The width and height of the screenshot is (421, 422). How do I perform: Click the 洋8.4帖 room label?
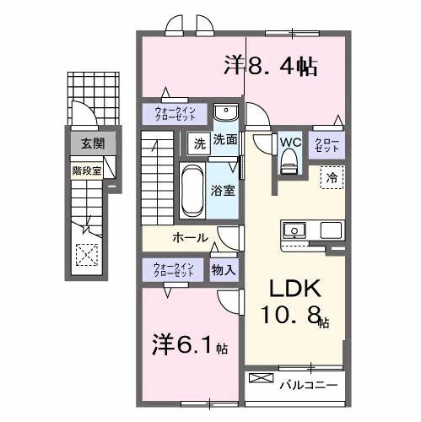pos(270,67)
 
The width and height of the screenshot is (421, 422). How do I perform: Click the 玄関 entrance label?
pos(93,143)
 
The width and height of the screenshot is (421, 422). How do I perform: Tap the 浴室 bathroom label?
pos(224,191)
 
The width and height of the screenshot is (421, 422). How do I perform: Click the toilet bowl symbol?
pos(291,160)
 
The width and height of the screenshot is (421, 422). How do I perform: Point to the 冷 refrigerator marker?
pos(332,178)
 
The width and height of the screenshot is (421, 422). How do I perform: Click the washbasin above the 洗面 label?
pos(224,115)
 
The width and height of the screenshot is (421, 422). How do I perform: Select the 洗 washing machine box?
pos(199,141)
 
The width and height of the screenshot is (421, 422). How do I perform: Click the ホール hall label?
pos(191,237)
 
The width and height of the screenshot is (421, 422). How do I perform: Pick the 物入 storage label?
pos(224,270)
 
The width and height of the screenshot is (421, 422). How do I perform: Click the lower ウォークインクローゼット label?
pos(174,270)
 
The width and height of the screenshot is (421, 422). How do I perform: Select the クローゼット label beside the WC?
pos(327,143)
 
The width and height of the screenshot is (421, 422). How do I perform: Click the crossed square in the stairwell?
pos(87,253)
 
